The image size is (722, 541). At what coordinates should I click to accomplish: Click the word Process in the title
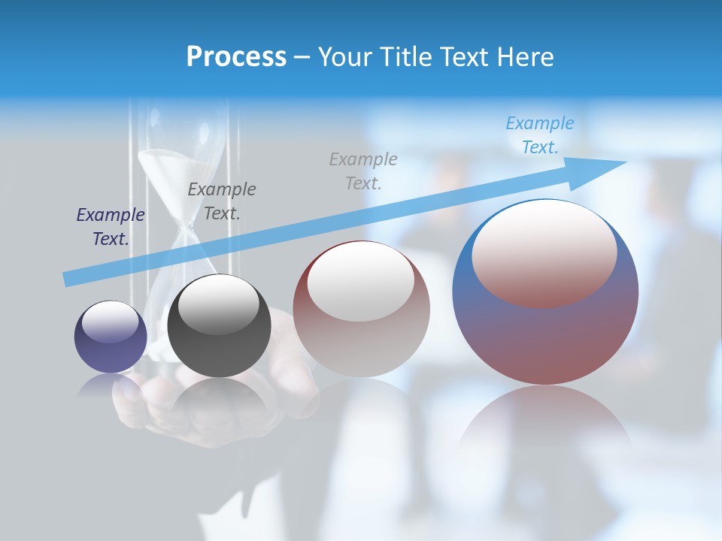click(236, 56)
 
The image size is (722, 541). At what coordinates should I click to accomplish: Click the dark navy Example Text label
click(110, 226)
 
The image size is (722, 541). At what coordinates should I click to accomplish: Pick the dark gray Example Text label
click(221, 201)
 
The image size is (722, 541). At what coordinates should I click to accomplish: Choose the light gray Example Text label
click(363, 171)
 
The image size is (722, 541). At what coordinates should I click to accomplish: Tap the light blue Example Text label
click(539, 135)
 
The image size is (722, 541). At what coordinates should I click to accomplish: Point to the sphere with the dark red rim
click(361, 316)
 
